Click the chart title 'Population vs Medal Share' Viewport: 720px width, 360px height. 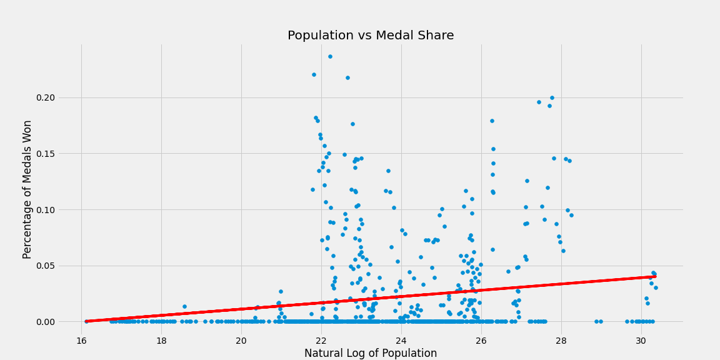[x=371, y=36]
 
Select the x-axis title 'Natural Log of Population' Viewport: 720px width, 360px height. [x=371, y=353]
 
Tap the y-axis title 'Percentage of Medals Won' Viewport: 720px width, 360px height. [x=27, y=189]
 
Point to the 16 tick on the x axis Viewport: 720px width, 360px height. [x=81, y=341]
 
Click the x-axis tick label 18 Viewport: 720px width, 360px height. [x=161, y=341]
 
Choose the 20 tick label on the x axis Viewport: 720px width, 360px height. [x=241, y=341]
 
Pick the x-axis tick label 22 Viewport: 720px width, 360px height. [x=321, y=341]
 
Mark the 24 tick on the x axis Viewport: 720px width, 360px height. [x=401, y=341]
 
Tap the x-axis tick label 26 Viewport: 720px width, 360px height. [x=481, y=341]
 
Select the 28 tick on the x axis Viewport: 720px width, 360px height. [x=561, y=341]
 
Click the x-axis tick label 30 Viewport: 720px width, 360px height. [x=641, y=341]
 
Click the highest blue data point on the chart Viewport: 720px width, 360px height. [x=330, y=56]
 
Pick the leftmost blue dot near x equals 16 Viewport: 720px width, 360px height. [x=86, y=321]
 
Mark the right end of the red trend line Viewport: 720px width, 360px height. [x=654, y=276]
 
